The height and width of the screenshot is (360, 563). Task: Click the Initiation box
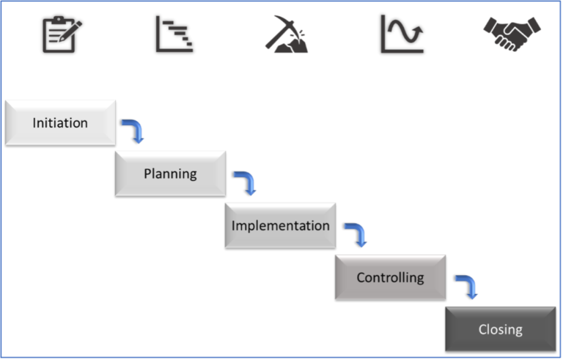click(60, 122)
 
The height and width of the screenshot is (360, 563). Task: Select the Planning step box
click(170, 174)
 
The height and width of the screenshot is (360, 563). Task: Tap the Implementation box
click(280, 225)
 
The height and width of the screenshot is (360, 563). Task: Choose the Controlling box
click(390, 277)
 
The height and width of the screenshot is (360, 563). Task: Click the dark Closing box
click(500, 329)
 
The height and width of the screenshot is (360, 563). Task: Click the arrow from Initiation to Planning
click(134, 131)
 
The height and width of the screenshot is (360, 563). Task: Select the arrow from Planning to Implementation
click(246, 183)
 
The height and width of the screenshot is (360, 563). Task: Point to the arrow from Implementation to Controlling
click(356, 235)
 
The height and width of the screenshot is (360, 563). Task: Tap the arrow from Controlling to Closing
click(468, 287)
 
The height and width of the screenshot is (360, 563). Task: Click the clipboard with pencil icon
click(61, 34)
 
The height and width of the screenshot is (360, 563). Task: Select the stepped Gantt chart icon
click(174, 34)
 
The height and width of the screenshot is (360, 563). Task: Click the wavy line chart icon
click(402, 34)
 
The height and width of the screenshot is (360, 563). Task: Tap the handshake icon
click(512, 34)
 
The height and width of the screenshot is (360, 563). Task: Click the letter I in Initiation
click(34, 122)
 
